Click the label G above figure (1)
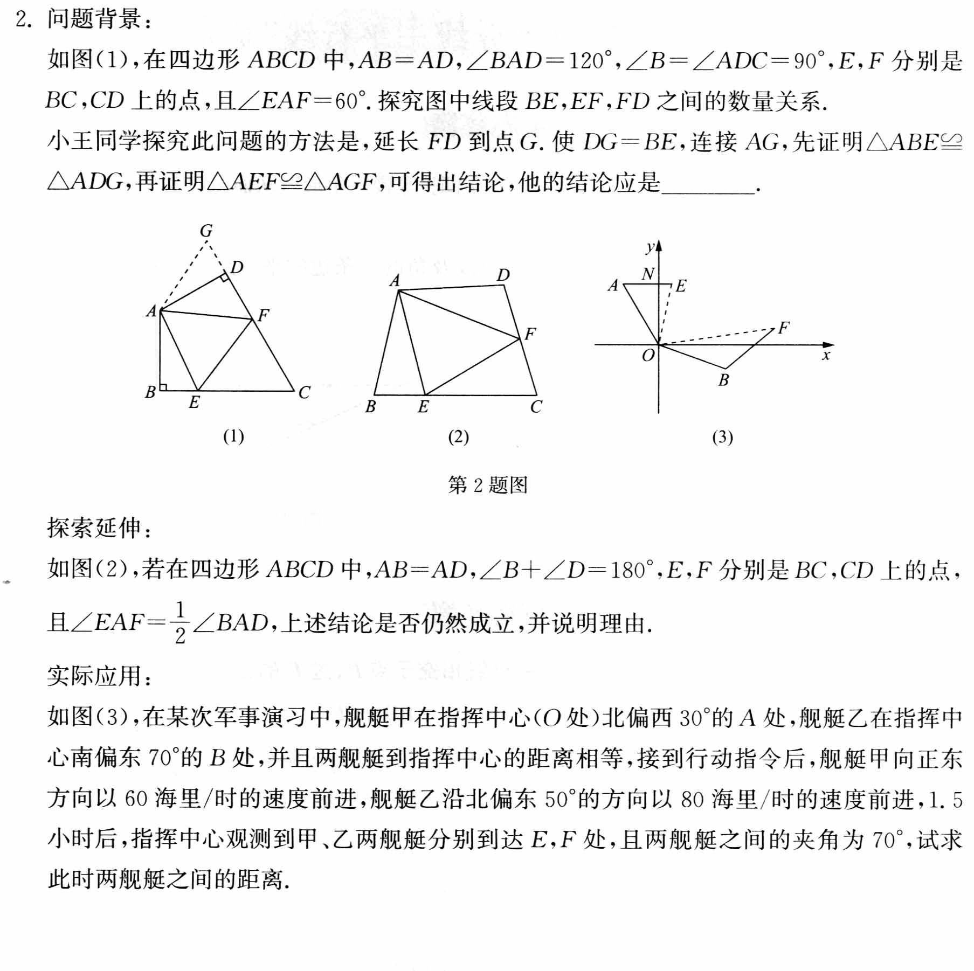pyautogui.click(x=206, y=231)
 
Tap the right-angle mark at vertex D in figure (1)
pyautogui.click(x=224, y=278)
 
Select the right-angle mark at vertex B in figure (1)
pyautogui.click(x=163, y=387)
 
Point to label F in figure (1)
pyautogui.click(x=263, y=315)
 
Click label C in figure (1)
pyautogui.click(x=304, y=392)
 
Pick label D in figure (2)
pyautogui.click(x=503, y=275)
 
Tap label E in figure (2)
pyautogui.click(x=423, y=407)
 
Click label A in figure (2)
pyautogui.click(x=395, y=281)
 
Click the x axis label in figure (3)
pyautogui.click(x=825, y=356)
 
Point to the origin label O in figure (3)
pyautogui.click(x=648, y=356)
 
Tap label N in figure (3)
pyautogui.click(x=648, y=274)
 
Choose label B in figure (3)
pyautogui.click(x=723, y=380)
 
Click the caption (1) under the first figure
pyautogui.click(x=233, y=436)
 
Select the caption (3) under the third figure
pyautogui.click(x=722, y=437)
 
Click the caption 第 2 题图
pyautogui.click(x=487, y=485)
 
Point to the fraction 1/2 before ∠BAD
pyautogui.click(x=180, y=623)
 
